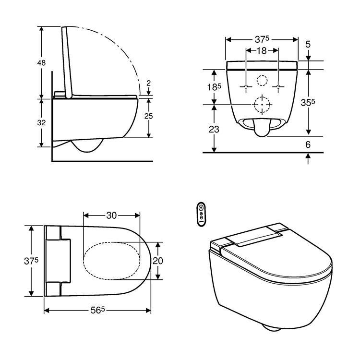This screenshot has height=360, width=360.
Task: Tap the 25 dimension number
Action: pos(149,117)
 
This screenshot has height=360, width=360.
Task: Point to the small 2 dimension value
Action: pos(148,83)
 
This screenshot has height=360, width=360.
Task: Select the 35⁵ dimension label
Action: pos(308,102)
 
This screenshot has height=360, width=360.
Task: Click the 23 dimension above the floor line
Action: pos(214,129)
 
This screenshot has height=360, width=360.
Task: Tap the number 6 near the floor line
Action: pos(308,144)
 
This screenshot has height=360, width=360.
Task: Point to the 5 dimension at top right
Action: pos(308,45)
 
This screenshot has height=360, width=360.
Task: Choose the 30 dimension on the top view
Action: pos(111,216)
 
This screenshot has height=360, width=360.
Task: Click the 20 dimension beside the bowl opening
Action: pos(158,261)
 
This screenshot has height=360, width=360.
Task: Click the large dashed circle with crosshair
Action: pos(262,104)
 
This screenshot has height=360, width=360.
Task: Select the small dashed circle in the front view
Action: pos(262,80)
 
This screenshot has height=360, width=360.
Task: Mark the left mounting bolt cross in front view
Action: pos(246,87)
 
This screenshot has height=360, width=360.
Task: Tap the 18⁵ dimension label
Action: pos(214,87)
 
